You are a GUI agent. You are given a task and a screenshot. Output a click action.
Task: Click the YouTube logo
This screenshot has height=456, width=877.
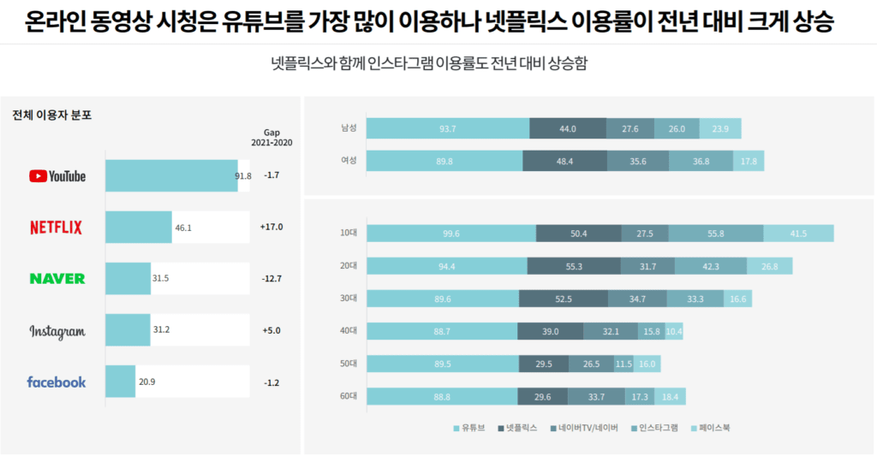coord(57,176)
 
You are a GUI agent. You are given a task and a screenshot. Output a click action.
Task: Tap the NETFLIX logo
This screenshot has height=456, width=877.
coord(57,228)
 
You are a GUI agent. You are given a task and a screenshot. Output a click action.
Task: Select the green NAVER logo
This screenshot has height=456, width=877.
coord(57,279)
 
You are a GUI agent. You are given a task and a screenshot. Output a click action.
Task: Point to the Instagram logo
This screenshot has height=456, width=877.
coord(57,331)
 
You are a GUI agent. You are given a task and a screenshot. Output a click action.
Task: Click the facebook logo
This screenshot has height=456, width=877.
coord(57,382)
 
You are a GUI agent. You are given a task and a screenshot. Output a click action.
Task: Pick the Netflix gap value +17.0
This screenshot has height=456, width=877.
coord(271,228)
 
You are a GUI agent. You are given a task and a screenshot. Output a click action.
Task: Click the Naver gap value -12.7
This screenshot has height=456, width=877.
coord(271,279)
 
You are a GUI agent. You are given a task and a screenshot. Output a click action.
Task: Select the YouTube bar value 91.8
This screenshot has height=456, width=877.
coord(243,176)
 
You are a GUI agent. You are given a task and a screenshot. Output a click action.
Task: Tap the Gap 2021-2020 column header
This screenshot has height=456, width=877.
coord(271,138)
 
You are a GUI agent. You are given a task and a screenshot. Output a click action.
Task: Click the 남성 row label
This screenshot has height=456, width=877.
coord(349,128)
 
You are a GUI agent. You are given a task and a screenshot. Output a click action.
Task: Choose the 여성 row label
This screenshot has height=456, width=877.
coord(349,160)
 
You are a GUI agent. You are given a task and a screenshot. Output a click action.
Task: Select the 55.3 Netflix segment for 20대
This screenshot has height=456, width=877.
coord(575,266)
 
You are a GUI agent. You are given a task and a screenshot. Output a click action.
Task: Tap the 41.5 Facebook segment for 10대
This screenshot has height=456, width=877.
coord(798,234)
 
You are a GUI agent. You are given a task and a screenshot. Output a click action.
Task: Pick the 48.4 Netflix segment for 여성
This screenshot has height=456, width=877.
coord(564,161)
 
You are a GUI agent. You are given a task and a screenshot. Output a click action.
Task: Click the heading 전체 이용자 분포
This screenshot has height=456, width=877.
coord(51,115)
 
